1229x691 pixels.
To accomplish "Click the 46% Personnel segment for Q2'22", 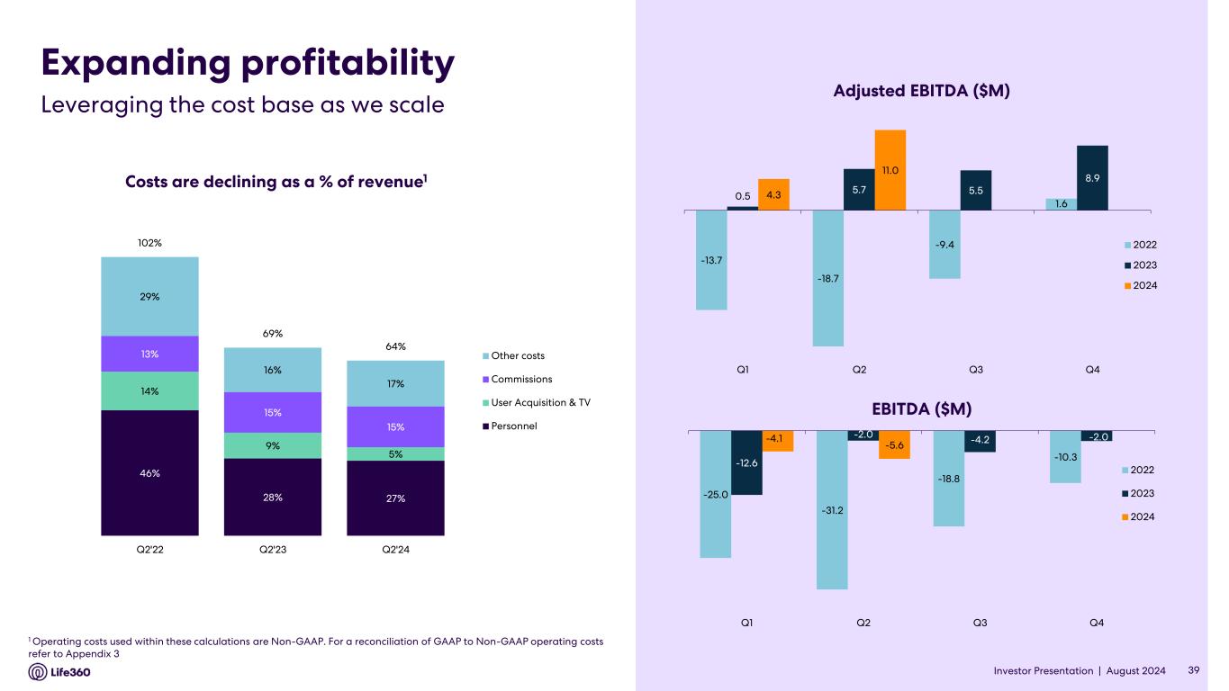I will pyautogui.click(x=149, y=472).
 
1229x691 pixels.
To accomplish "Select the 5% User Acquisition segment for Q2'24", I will pyautogui.click(x=395, y=453).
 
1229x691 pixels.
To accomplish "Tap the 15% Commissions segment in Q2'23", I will pyautogui.click(x=273, y=412).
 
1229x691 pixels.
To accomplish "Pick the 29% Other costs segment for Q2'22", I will pyautogui.click(x=149, y=296).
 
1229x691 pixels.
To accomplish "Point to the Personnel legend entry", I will pyautogui.click(x=513, y=426).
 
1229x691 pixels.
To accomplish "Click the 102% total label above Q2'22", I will pyautogui.click(x=149, y=243).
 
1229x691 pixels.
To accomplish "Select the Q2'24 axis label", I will pyautogui.click(x=395, y=549).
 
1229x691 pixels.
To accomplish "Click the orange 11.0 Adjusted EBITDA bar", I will pyautogui.click(x=890, y=170).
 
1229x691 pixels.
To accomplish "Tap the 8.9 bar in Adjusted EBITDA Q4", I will pyautogui.click(x=1092, y=178).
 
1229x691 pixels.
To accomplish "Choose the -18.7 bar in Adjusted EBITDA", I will pyautogui.click(x=828, y=278).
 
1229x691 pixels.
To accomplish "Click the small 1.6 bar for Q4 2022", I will pyautogui.click(x=1062, y=204).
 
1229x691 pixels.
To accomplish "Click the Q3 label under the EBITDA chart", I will pyautogui.click(x=980, y=623).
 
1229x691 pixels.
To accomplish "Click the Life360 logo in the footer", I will pyautogui.click(x=60, y=672).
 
